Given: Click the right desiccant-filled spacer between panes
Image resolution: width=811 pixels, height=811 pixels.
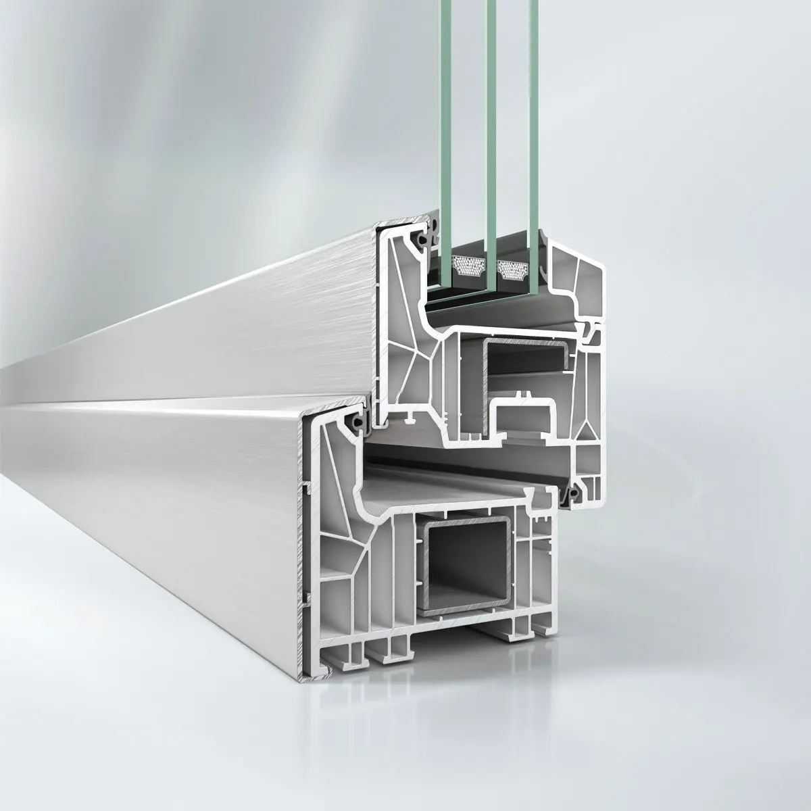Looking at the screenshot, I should coord(512,268).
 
